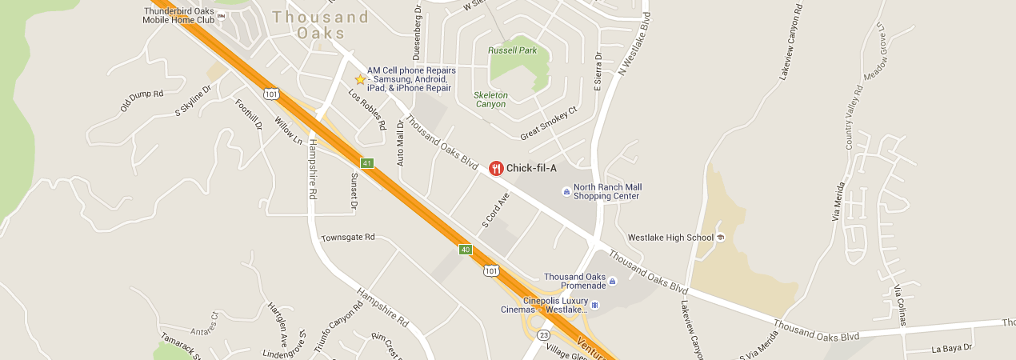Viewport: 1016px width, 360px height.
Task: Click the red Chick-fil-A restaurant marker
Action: pos(496,168)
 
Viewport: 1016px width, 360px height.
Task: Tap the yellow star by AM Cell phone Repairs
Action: pos(360,79)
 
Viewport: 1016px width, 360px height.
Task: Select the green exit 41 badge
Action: pos(367,163)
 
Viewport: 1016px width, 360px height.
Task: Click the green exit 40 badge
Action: pos(465,250)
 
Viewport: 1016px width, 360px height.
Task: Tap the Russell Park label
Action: pos(513,50)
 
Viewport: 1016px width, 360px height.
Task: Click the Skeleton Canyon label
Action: pos(491,99)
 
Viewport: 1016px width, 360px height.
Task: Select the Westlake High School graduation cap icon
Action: pos(720,238)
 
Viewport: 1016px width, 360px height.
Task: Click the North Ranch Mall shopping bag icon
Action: pos(566,192)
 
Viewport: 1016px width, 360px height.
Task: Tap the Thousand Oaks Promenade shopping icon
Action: pos(612,282)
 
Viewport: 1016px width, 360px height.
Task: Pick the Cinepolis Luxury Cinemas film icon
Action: pos(594,305)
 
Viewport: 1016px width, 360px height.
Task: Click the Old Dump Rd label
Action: pos(141,100)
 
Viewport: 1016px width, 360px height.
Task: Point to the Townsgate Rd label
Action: pos(348,238)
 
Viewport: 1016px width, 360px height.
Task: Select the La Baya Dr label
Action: pos(951,348)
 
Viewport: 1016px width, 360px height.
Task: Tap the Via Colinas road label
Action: pos(900,304)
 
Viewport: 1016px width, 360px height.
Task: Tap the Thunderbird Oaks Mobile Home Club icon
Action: pos(222,15)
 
